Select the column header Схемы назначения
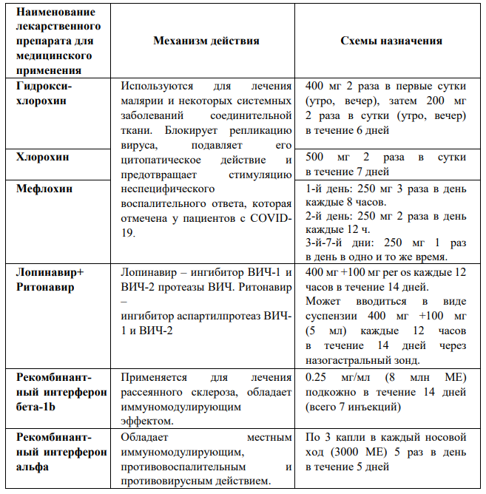point(391,41)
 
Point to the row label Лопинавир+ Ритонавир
point(50,280)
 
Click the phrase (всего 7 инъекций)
point(353,407)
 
